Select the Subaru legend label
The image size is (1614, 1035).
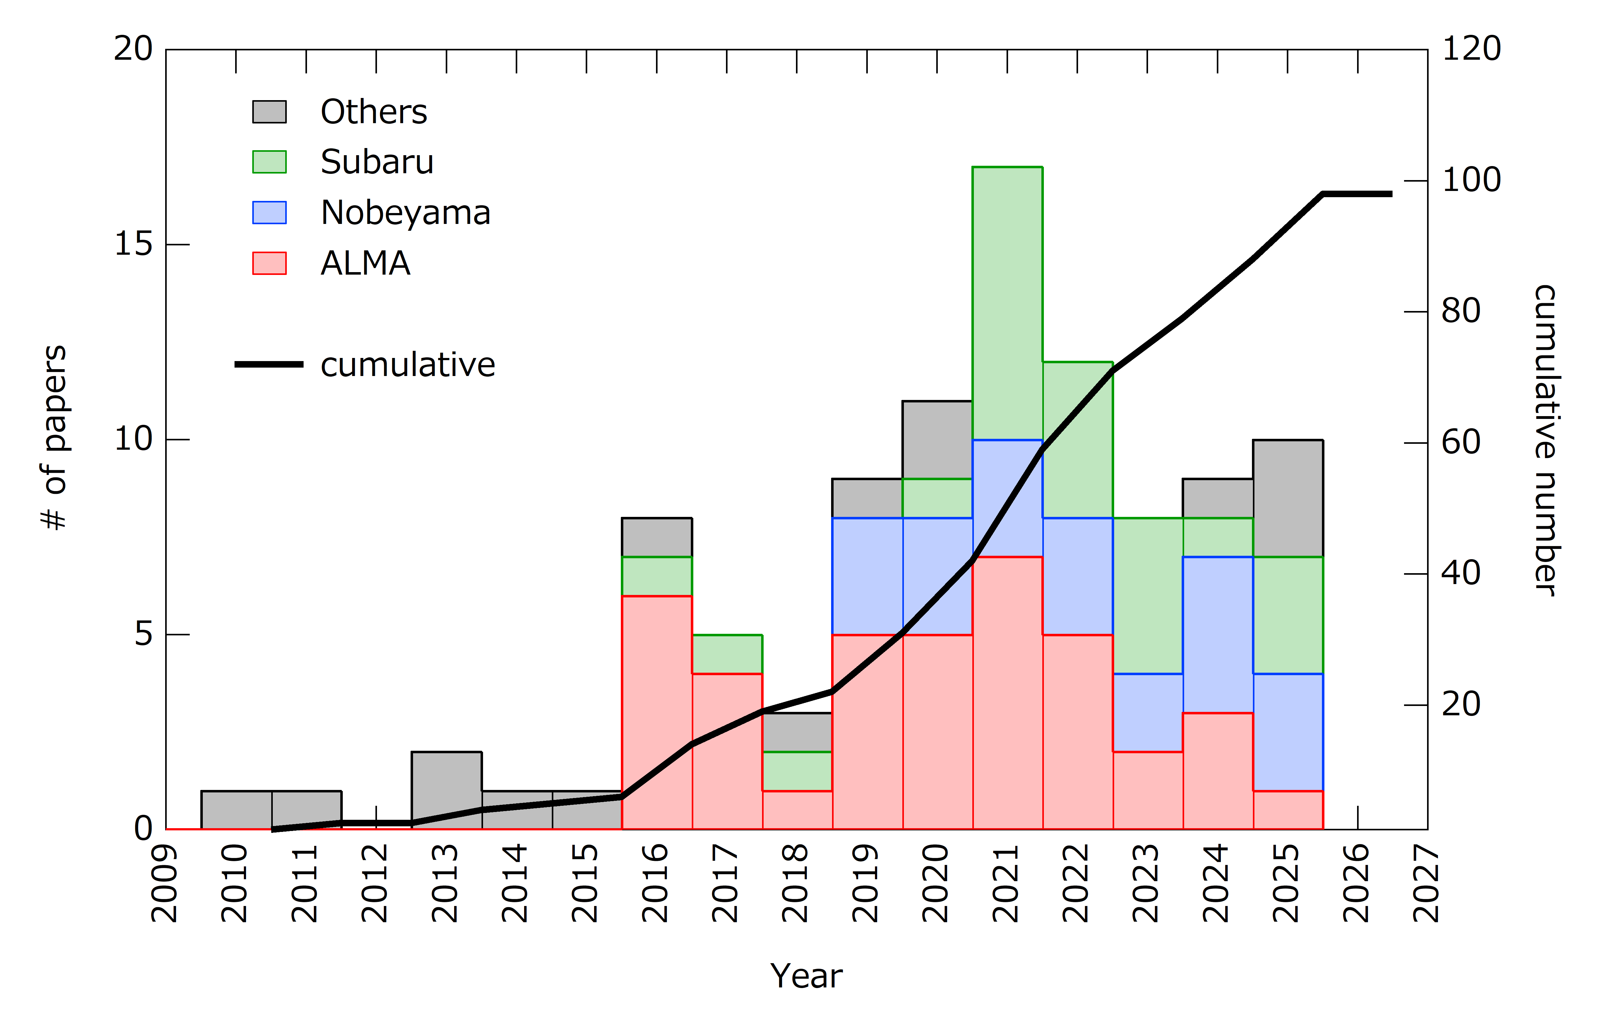[x=376, y=162]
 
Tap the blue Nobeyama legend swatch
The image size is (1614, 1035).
[x=269, y=212]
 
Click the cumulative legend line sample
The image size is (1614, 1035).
[x=269, y=364]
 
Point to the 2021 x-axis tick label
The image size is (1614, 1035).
[x=1006, y=884]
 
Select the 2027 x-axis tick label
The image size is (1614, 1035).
[x=1426, y=884]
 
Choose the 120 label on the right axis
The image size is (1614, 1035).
[x=1471, y=49]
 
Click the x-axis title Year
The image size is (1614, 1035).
[x=806, y=976]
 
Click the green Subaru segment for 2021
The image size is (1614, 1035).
[x=1007, y=302]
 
